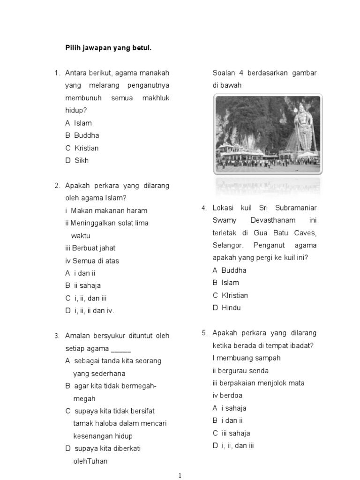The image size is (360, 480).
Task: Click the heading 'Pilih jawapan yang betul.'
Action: pos(108,48)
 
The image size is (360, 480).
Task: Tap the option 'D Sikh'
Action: pos(77,160)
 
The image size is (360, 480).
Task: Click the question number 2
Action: pos(57,186)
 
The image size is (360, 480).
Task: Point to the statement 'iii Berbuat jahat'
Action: pos(90,248)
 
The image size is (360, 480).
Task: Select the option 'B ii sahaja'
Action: pos(83,285)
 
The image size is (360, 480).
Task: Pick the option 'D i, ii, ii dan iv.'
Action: pos(90,310)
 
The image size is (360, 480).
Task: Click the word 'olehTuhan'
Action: pos(90,461)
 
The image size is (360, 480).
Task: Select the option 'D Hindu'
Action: pos(226,308)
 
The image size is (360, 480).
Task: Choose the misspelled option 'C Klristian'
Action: pos(230,295)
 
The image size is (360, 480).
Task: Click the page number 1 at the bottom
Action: pos(180,476)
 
